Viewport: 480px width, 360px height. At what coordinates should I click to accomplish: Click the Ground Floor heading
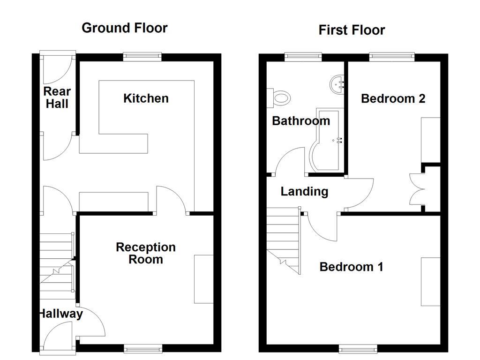pos(124,28)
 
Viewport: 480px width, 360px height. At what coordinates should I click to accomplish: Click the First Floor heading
pos(352,30)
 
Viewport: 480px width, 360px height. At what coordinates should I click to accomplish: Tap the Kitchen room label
pos(146,98)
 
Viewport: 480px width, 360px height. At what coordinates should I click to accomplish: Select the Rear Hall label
pos(57,97)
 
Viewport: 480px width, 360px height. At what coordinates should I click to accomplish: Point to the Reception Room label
pos(146,253)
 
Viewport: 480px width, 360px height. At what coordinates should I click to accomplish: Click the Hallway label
pos(60,314)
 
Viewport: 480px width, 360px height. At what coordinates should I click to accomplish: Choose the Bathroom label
pos(301,121)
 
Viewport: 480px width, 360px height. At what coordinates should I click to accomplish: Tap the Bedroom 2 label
pos(393,99)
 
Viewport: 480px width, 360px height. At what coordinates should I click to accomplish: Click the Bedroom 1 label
pos(351,267)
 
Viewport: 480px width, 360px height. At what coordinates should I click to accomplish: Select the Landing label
pos(304,191)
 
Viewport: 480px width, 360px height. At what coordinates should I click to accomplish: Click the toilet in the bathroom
pos(280,98)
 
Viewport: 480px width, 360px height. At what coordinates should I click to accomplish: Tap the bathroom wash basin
pos(338,85)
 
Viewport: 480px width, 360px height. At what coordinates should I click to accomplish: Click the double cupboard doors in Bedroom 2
pos(416,189)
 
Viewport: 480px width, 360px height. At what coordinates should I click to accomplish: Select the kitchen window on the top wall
pos(142,57)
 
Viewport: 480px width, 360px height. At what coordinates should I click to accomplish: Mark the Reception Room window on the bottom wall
pos(143,348)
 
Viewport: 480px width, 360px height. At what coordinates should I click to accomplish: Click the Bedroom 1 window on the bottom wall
pos(358,348)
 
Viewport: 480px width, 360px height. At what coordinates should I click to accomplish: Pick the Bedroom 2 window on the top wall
pos(392,57)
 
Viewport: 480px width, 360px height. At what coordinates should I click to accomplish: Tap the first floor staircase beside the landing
pos(284,239)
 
